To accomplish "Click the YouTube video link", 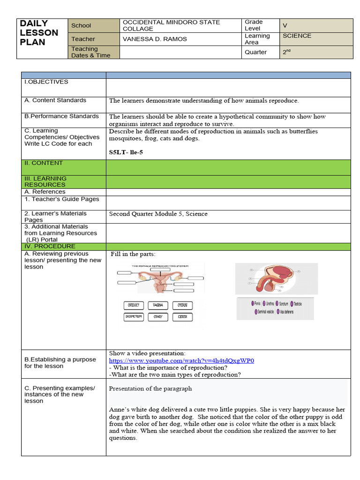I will tap(181, 360).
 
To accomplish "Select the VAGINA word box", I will tap(158, 305).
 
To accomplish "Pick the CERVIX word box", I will tap(182, 317).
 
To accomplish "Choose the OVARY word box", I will tap(158, 317).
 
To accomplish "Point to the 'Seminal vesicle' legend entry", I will tap(264, 311).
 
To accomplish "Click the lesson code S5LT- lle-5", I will tap(126, 152).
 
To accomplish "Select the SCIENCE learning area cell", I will tap(297, 36).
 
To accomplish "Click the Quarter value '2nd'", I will tap(286, 52).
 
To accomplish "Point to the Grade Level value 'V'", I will tap(285, 25).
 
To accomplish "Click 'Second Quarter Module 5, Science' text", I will tap(158, 214).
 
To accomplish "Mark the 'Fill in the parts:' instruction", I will tap(133, 254).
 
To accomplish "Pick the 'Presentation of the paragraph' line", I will tap(150, 389).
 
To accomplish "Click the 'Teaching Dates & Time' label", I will tap(90, 52).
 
